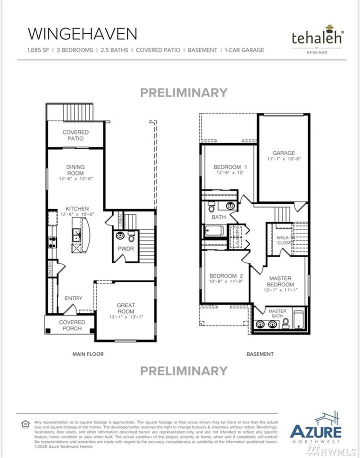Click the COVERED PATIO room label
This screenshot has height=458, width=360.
(75, 135)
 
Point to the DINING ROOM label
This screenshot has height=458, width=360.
(75, 170)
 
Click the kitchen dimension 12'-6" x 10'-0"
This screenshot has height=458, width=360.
(77, 214)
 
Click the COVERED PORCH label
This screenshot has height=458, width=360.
(72, 325)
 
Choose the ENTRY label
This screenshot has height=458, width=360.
(73, 298)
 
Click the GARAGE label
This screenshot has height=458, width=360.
(283, 153)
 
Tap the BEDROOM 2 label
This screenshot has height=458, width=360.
(226, 276)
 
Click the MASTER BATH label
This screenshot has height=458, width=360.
(278, 314)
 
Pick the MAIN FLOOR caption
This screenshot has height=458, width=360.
(88, 354)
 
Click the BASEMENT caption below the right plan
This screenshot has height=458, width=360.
(260, 354)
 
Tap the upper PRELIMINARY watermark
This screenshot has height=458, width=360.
(183, 92)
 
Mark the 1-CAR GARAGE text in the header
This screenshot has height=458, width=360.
(244, 50)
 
